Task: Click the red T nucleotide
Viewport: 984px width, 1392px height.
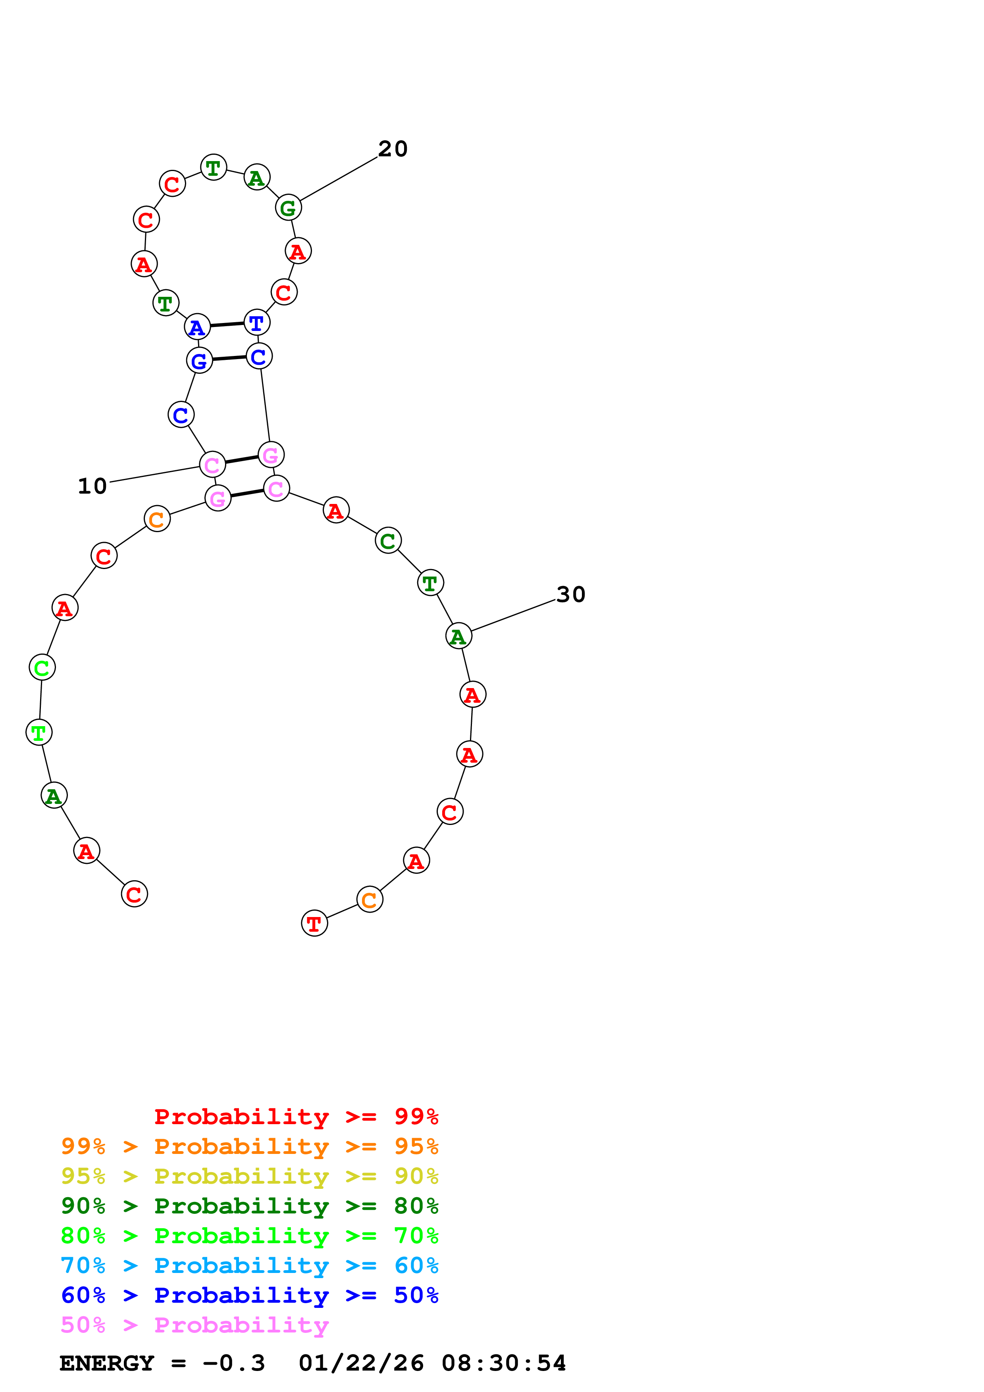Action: pos(314,923)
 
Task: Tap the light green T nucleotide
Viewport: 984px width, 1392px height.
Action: pos(39,733)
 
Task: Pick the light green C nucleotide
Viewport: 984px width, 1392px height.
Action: pos(42,667)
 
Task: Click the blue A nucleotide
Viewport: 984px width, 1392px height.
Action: pos(197,327)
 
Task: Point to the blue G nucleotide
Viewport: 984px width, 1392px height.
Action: pos(199,361)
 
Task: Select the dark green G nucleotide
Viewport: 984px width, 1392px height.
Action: pos(288,208)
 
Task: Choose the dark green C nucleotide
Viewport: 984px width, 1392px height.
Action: pos(388,540)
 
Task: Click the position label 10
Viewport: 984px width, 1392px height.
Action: pos(92,486)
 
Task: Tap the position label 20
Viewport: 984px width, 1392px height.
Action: pos(393,148)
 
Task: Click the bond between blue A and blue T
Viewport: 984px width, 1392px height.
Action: pos(227,325)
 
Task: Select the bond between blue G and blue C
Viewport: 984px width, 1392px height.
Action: pos(229,358)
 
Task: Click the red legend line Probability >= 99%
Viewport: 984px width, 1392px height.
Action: pos(296,1116)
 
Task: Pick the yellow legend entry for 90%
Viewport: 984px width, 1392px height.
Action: pos(249,1176)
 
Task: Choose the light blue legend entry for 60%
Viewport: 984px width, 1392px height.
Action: pos(249,1265)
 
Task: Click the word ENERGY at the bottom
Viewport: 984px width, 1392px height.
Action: pos(107,1363)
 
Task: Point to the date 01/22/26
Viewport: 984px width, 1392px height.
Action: pos(361,1363)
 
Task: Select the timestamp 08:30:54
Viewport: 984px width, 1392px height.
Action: pos(503,1363)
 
